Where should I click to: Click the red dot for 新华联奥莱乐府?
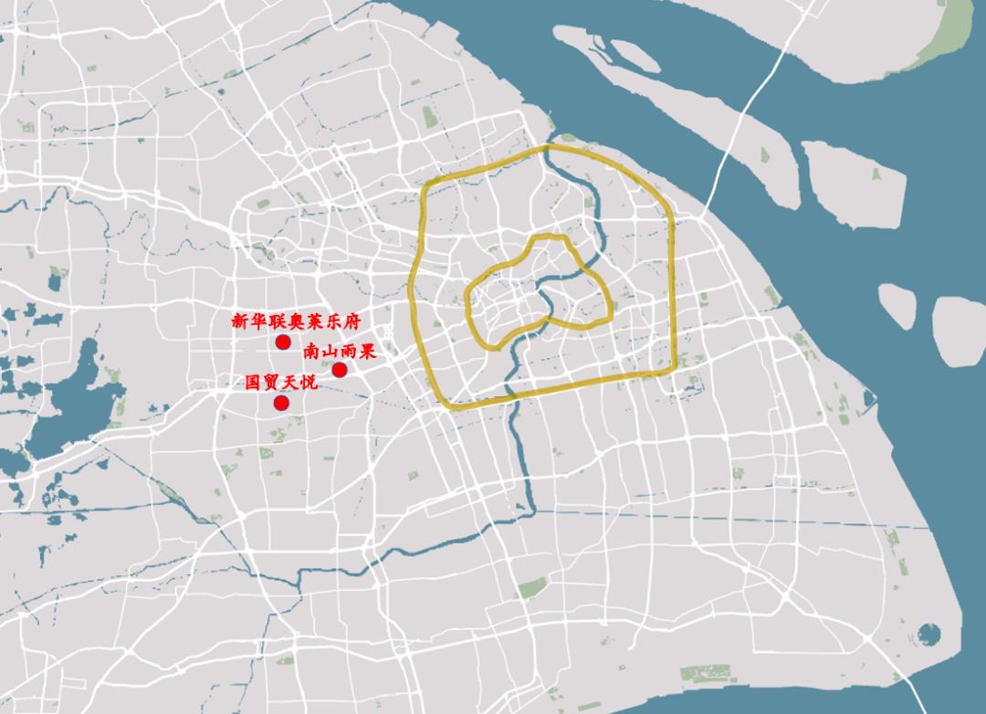coord(283,341)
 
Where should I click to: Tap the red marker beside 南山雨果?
coord(339,370)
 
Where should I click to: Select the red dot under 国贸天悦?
coord(282,403)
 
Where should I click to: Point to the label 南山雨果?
coord(339,352)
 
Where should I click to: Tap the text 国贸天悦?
coord(281,383)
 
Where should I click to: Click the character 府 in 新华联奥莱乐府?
coord(354,321)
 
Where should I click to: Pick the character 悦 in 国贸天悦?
coord(309,383)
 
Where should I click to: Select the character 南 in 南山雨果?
coord(311,352)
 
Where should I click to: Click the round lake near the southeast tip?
coord(928,633)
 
